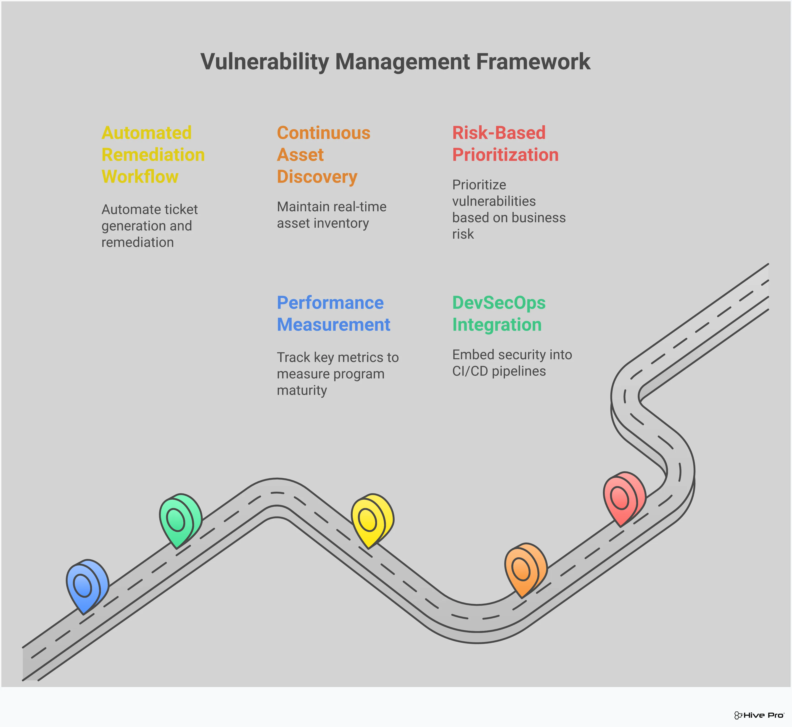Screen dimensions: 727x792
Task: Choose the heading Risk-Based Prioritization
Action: tap(505, 144)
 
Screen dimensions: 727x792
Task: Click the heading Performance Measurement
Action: tap(333, 313)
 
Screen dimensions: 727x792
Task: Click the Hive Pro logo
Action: tap(759, 715)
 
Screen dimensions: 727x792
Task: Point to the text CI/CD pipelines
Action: tap(499, 371)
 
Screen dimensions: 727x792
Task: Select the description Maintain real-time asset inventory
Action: tap(331, 215)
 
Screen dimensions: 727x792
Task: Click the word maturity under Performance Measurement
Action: tap(302, 390)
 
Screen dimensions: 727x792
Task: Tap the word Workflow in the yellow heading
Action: tap(140, 177)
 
